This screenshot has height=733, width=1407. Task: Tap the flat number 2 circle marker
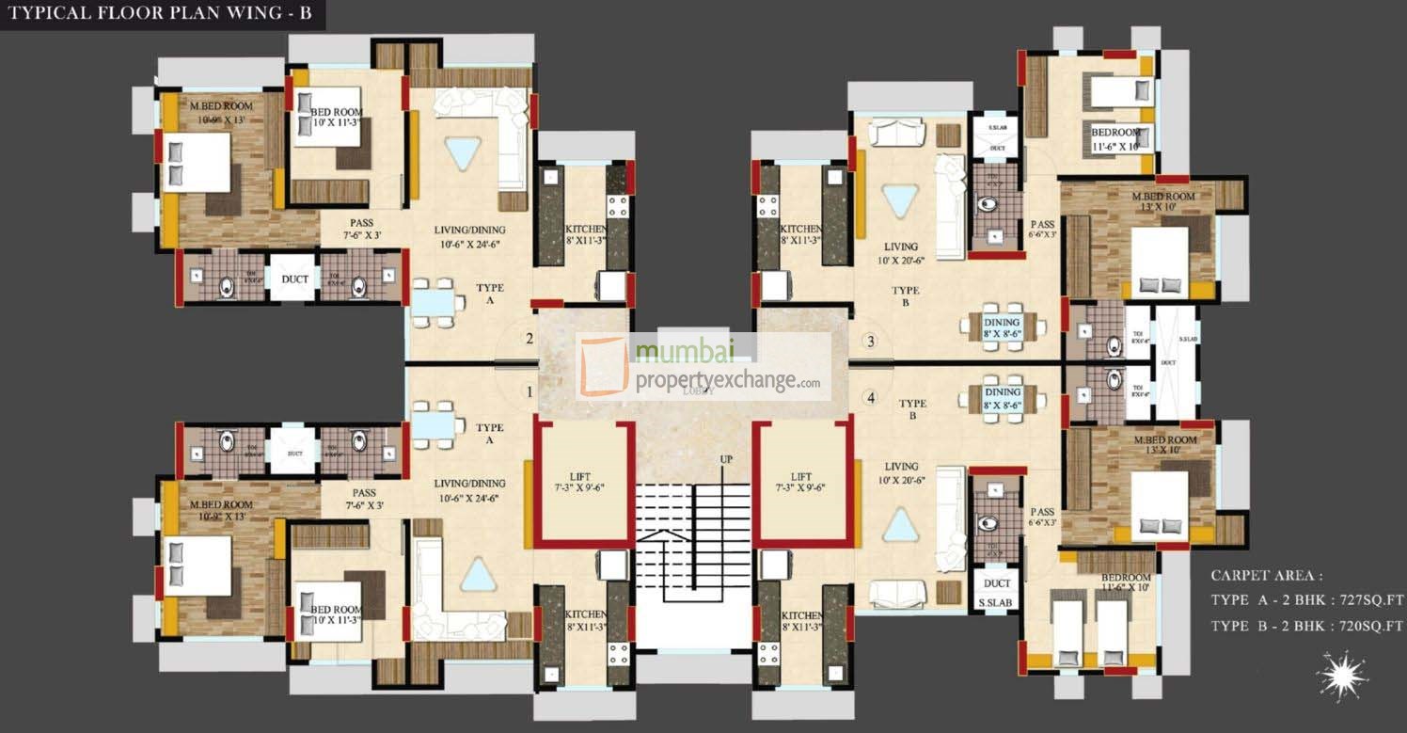530,340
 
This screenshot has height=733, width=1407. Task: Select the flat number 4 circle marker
871,398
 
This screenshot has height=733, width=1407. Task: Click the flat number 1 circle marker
530,390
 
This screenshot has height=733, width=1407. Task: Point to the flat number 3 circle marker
871,341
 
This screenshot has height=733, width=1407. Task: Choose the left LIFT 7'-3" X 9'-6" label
584,483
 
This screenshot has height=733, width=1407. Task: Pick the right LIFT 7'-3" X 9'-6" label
801,483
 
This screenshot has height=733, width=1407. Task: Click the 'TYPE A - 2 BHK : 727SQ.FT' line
1306,599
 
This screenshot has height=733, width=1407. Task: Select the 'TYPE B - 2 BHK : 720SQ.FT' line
1306,626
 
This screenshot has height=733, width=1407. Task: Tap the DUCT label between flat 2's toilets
295,279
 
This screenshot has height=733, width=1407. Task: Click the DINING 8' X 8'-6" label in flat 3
1003,327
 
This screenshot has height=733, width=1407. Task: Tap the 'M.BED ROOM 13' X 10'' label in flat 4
1164,445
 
